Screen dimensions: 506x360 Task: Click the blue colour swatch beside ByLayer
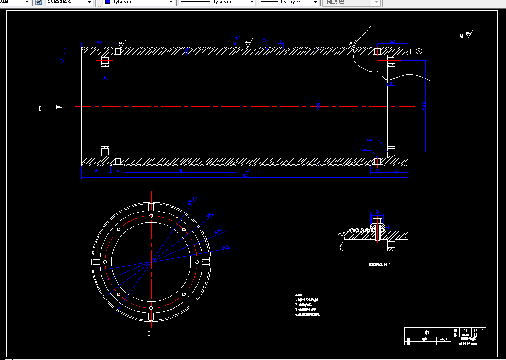point(107,2)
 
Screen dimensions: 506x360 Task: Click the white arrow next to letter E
point(57,107)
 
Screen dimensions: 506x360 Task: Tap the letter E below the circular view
point(149,334)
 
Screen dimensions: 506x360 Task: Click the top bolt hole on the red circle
point(151,216)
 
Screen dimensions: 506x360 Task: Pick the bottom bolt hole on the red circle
point(151,308)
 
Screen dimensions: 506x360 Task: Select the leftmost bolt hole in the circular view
point(105,262)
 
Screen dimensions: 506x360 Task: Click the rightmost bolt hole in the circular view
point(197,262)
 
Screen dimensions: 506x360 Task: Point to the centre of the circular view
point(151,262)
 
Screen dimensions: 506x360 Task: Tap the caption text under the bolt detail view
point(379,265)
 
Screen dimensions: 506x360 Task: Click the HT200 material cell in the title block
point(465,335)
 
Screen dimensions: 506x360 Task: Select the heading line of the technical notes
point(298,295)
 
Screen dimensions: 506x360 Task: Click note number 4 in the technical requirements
point(307,314)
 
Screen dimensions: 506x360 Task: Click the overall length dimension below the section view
point(245,176)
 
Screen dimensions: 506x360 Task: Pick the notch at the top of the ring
point(151,207)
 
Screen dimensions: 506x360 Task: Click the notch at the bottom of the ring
point(151,317)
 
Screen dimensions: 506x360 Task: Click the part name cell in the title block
point(427,333)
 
